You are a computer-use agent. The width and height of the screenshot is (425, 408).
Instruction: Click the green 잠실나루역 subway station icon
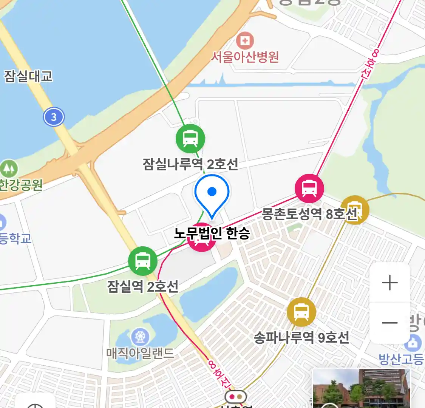(190, 138)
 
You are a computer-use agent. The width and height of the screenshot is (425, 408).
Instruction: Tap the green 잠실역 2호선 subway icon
(142, 261)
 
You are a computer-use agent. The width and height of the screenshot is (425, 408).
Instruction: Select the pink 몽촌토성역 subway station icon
(309, 188)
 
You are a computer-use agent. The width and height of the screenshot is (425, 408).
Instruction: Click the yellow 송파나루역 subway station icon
(301, 312)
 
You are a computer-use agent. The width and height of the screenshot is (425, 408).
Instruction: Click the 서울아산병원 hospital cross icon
(245, 40)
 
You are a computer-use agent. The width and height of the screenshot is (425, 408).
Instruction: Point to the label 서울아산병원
(245, 57)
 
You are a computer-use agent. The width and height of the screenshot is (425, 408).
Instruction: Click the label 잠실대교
(28, 76)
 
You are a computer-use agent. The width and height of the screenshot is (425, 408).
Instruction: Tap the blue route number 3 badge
(54, 117)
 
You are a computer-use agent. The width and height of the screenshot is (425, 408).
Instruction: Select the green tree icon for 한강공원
(9, 168)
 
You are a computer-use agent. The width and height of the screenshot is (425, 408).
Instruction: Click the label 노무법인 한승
(212, 233)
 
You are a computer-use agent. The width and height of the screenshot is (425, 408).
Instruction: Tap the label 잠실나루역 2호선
(190, 164)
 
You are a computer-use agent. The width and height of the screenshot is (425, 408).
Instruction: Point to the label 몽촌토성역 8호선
(309, 214)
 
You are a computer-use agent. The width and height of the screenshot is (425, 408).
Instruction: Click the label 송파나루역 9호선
(301, 337)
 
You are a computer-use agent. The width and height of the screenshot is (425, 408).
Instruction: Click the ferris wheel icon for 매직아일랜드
(140, 336)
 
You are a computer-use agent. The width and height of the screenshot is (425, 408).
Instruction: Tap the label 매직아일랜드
(140, 353)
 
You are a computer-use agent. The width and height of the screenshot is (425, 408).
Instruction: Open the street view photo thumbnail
(362, 388)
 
